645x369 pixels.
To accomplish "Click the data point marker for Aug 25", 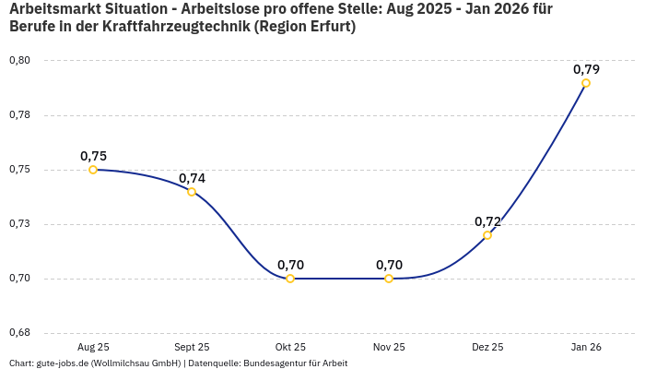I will point(93,170).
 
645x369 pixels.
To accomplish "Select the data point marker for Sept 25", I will point(192,192).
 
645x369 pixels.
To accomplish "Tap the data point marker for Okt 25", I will point(290,279).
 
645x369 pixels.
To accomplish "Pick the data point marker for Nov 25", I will point(389,279).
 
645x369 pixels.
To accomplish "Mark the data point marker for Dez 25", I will point(487,235).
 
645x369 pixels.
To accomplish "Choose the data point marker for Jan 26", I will point(586,83).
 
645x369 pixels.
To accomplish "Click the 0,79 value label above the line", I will point(586,69).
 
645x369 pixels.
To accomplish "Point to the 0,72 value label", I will point(487,221).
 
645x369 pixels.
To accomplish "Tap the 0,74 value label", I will point(192,178).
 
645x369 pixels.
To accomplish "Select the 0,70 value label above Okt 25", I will point(290,265).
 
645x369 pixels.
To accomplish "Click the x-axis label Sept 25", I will point(192,347).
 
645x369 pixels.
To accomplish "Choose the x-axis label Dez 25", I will point(487,347).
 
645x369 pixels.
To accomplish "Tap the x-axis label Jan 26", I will point(586,347).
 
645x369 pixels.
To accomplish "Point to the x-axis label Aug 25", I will point(93,347).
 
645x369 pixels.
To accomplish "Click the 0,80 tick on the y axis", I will point(19,61).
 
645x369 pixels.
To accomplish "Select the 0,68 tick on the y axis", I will point(19,333).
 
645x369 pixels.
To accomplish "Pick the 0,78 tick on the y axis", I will point(19,115).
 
